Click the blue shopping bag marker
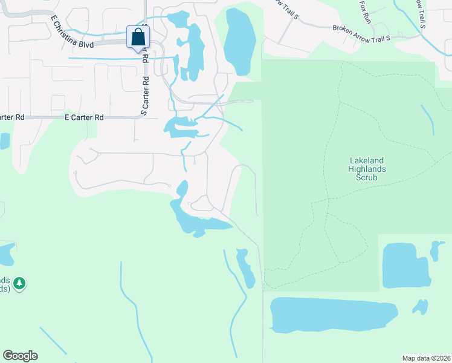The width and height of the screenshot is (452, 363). click(x=138, y=38)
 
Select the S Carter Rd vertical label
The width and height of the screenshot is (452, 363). click(x=144, y=96)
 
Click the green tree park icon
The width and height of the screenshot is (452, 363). click(x=20, y=283)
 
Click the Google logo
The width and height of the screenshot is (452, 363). click(x=20, y=356)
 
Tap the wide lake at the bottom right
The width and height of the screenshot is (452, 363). click(x=332, y=314)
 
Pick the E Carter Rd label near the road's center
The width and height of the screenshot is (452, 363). click(x=84, y=117)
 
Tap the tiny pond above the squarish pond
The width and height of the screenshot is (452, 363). click(x=435, y=249)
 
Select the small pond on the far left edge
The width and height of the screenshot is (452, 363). click(x=4, y=140)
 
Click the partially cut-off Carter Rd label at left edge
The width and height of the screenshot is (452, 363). click(x=12, y=117)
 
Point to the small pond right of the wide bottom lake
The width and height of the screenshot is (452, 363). click(x=420, y=307)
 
